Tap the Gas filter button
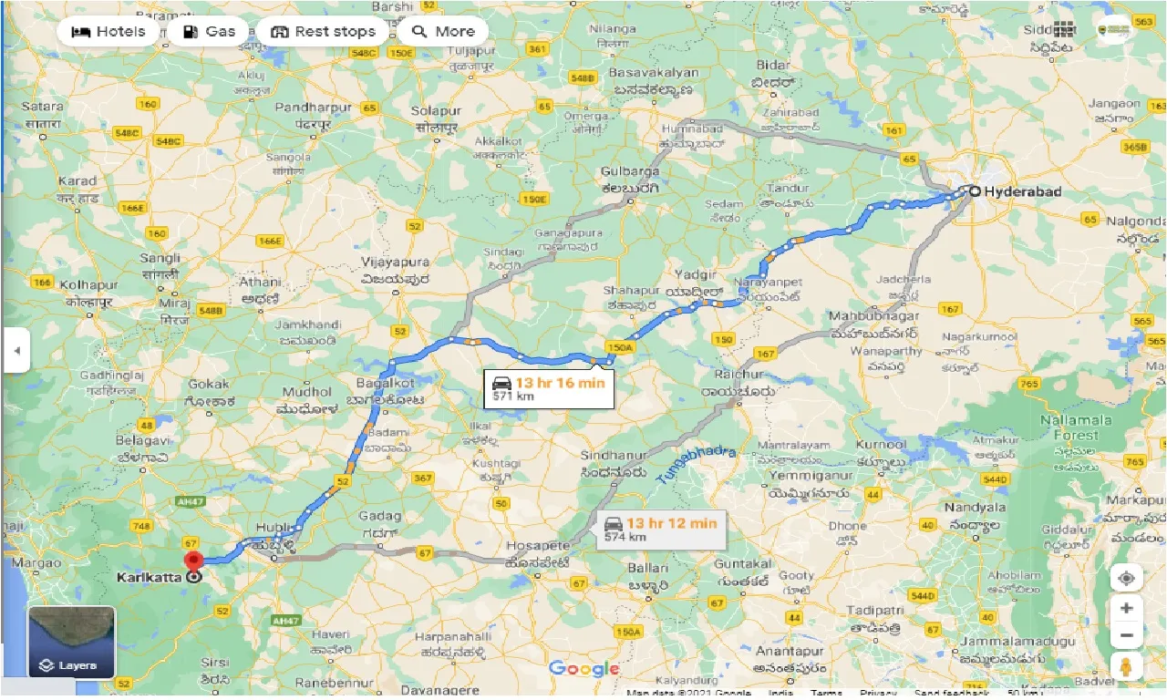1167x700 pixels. (x=209, y=31)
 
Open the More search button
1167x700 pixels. (x=442, y=31)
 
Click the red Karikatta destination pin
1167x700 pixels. (x=193, y=561)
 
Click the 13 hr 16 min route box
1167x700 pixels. (x=549, y=389)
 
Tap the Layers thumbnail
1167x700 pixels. (x=72, y=643)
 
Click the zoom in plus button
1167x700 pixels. (x=1127, y=608)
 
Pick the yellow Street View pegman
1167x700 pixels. (x=1127, y=665)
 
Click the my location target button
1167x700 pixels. (x=1127, y=579)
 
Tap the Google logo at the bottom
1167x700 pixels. (x=583, y=669)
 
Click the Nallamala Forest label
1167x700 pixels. (x=1076, y=427)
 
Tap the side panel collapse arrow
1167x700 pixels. (x=15, y=350)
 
